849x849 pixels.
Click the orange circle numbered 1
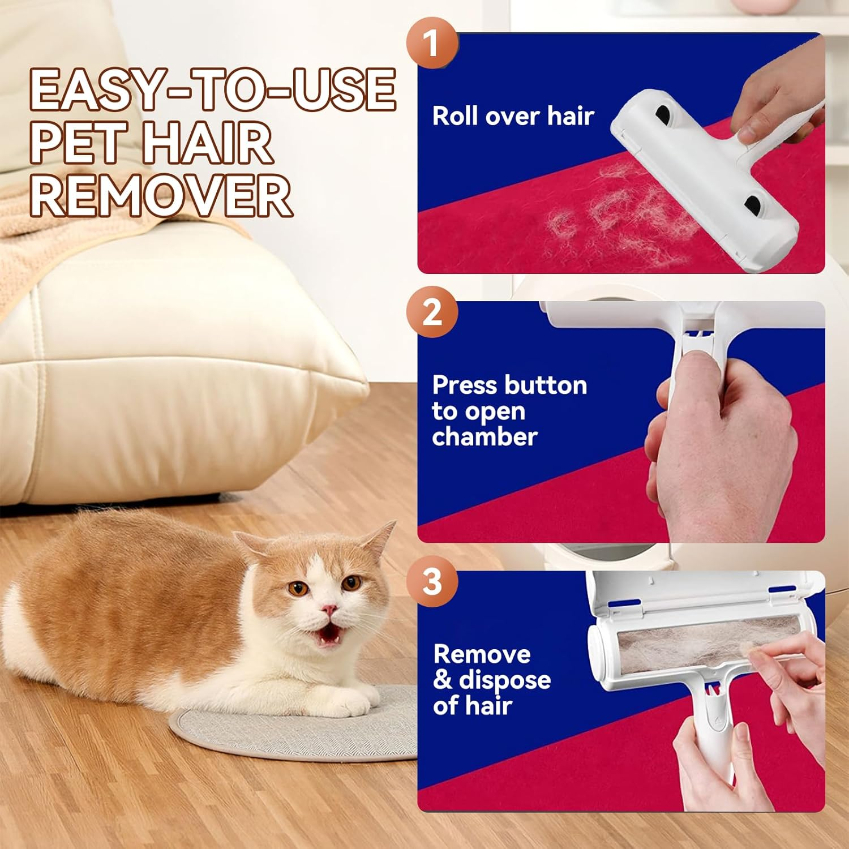pyautogui.click(x=432, y=42)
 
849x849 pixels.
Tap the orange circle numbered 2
pyautogui.click(x=432, y=312)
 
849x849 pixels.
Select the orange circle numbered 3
pyautogui.click(x=432, y=581)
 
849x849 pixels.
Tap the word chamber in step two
pyautogui.click(x=484, y=437)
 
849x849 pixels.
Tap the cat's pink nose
pyautogui.click(x=329, y=610)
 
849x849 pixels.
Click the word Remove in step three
pyautogui.click(x=482, y=654)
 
